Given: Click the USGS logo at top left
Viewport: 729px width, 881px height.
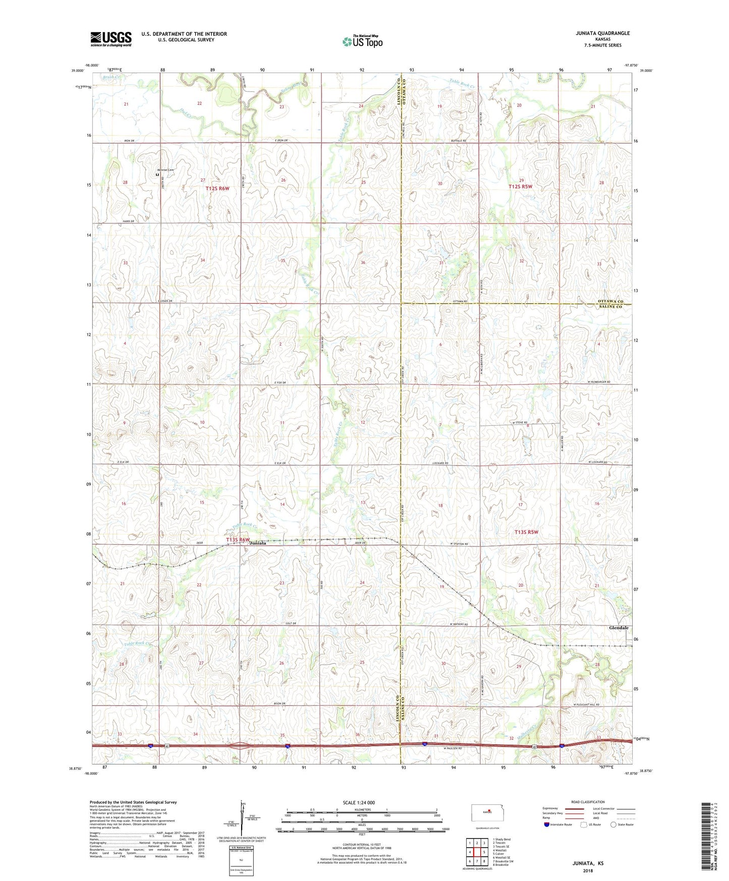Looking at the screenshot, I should (111, 39).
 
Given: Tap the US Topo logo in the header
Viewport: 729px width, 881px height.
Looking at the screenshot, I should (363, 41).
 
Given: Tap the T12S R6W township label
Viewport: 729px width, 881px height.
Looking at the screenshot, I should (217, 188).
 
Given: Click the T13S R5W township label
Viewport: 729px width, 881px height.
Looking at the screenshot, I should (527, 532).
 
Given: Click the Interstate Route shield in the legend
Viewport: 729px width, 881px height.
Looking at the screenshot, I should (547, 824).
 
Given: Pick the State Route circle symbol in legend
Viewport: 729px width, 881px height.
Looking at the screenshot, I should (613, 824).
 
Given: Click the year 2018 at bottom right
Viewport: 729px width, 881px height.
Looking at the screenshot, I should (588, 870).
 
